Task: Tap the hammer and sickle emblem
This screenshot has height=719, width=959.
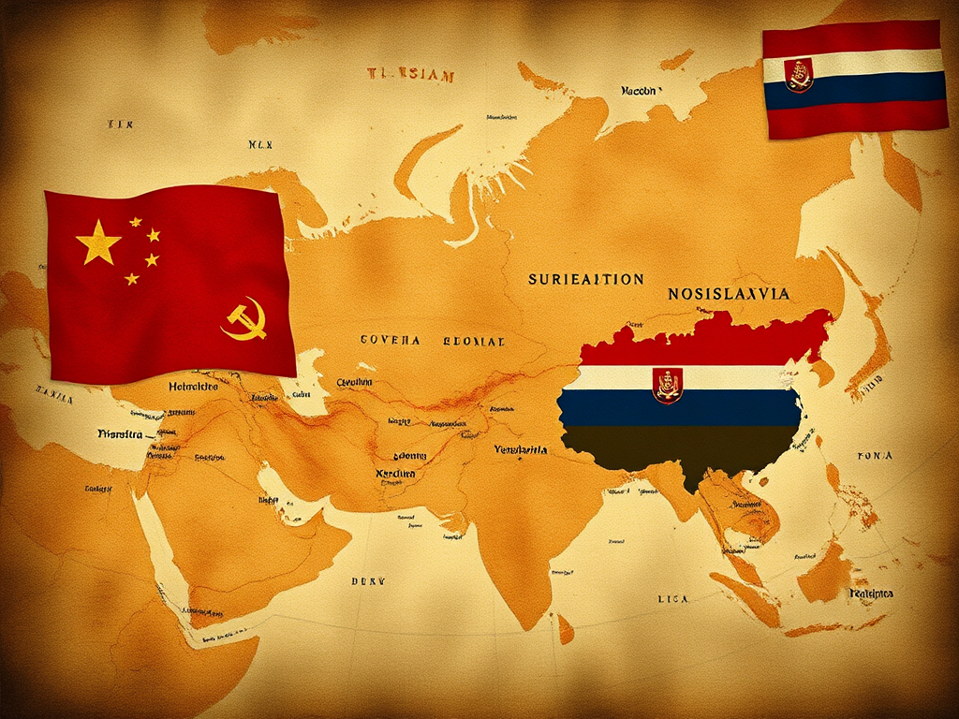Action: point(245,318)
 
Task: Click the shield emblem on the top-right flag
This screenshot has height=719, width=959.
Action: point(799,75)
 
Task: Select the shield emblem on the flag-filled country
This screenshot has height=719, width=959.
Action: point(668,385)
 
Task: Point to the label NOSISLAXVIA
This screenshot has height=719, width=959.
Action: point(729,294)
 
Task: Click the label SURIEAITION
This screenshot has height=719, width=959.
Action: point(585,279)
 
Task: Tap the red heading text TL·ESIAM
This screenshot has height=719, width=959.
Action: point(411,75)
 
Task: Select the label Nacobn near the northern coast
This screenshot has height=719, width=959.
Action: point(641,92)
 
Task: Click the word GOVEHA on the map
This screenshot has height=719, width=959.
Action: point(391,341)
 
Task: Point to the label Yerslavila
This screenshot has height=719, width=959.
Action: point(521,449)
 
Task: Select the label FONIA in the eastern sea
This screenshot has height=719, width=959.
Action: point(875,456)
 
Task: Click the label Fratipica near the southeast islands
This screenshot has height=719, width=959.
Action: point(871,594)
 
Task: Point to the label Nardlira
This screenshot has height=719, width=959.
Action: point(394,474)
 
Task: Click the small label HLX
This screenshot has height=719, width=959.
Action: point(259,145)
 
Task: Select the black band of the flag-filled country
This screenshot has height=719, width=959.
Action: point(684,445)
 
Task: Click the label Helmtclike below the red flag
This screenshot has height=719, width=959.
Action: point(193,386)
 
